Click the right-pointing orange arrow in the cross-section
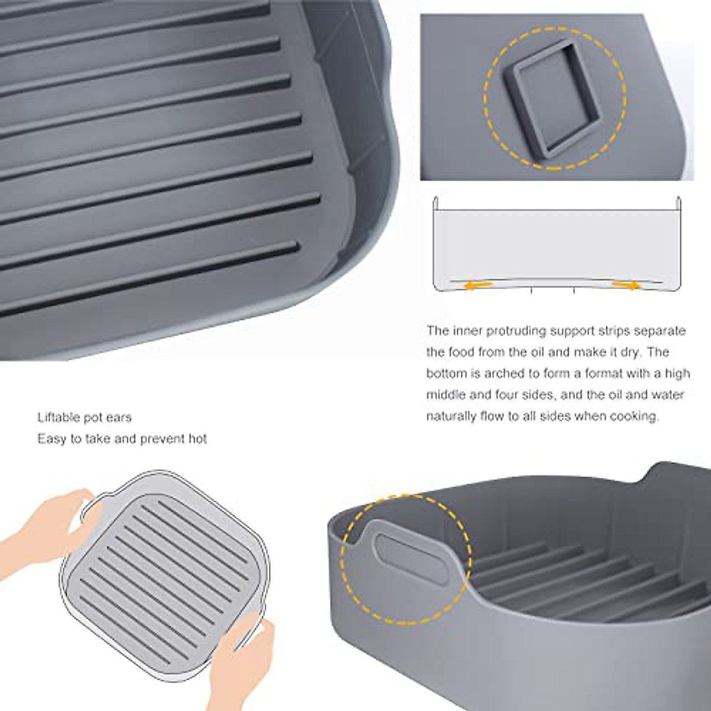626,286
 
